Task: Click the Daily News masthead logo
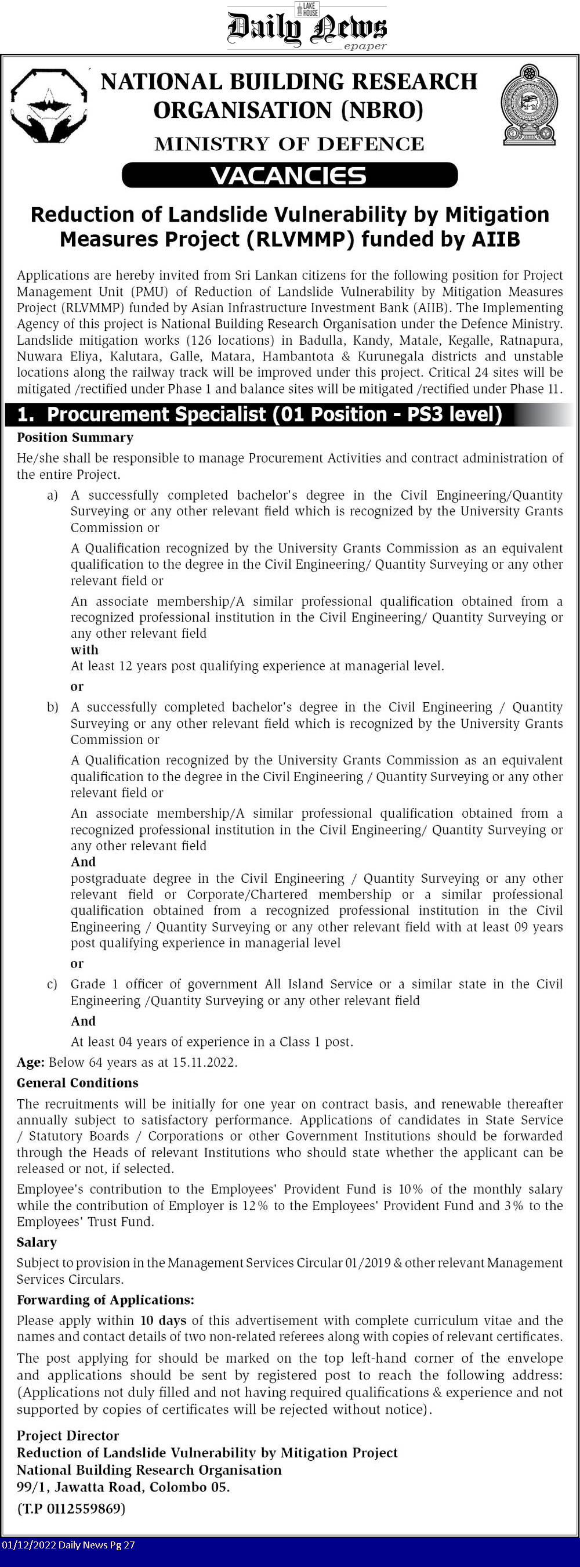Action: click(x=306, y=28)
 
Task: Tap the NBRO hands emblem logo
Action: click(x=49, y=106)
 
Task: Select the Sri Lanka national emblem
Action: click(x=529, y=105)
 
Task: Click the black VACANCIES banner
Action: click(x=289, y=175)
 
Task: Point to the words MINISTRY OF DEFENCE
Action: click(x=289, y=144)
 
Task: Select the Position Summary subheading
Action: click(x=75, y=438)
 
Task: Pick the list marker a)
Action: click(x=53, y=495)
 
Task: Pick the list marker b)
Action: click(x=53, y=707)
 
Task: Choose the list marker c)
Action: click(x=52, y=984)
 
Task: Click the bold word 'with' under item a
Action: click(x=85, y=649)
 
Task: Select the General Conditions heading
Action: click(x=77, y=1083)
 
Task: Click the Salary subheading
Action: click(x=37, y=1242)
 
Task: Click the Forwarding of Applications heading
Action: click(x=105, y=1300)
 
